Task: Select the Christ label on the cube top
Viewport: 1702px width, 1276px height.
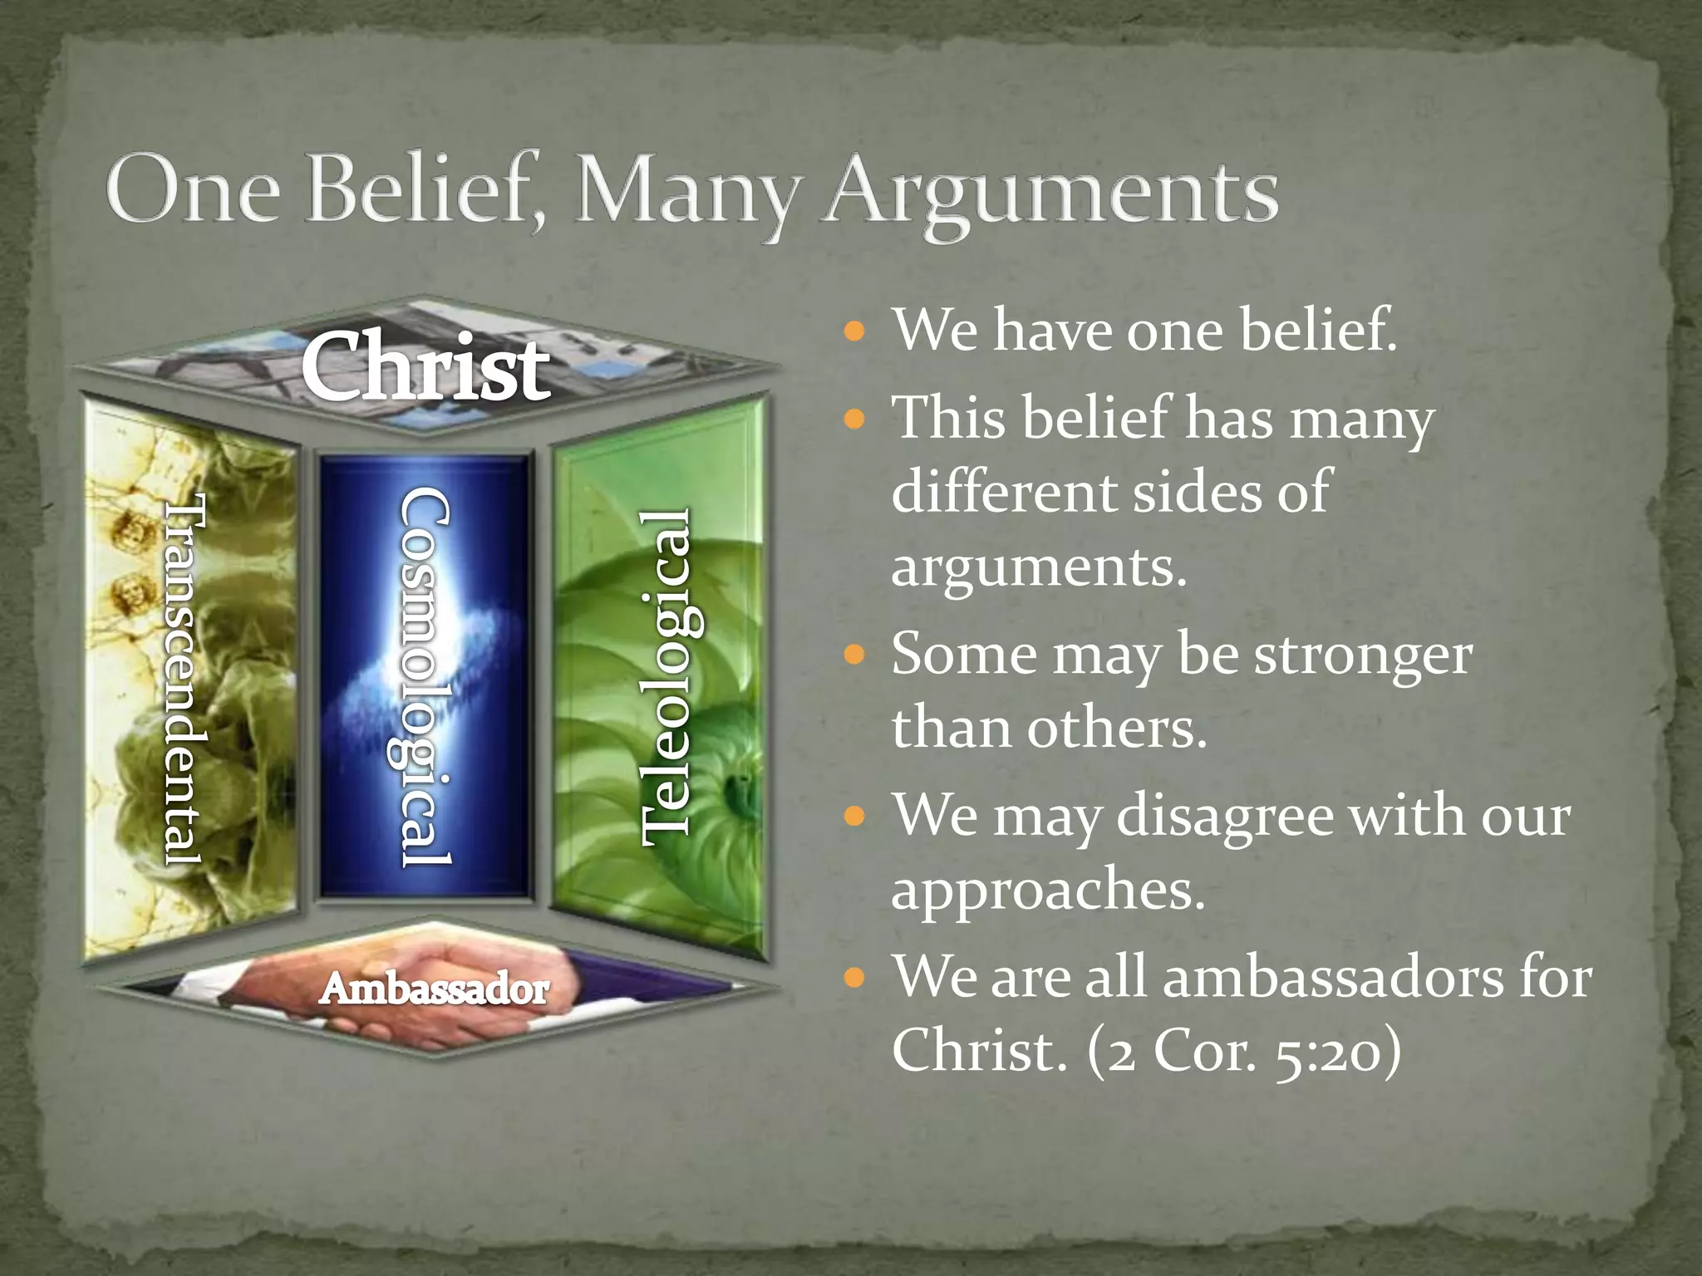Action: tap(425, 366)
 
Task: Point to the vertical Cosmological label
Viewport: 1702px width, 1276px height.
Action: tap(425, 677)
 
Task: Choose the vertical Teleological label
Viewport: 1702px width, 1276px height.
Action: tap(669, 677)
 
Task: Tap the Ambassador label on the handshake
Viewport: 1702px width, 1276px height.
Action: tap(434, 989)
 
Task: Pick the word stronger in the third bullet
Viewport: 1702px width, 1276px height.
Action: tap(1363, 656)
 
